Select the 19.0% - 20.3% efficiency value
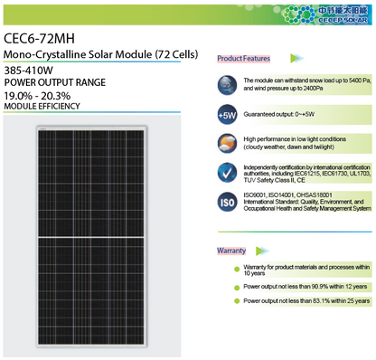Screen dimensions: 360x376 (x=37, y=95)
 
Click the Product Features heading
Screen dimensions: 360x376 (x=244, y=59)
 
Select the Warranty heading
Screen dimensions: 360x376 (x=231, y=250)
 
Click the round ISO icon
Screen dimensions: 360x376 (x=229, y=201)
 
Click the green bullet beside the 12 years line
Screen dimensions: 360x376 (x=235, y=286)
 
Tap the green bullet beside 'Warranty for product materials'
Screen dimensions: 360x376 (x=235, y=268)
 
